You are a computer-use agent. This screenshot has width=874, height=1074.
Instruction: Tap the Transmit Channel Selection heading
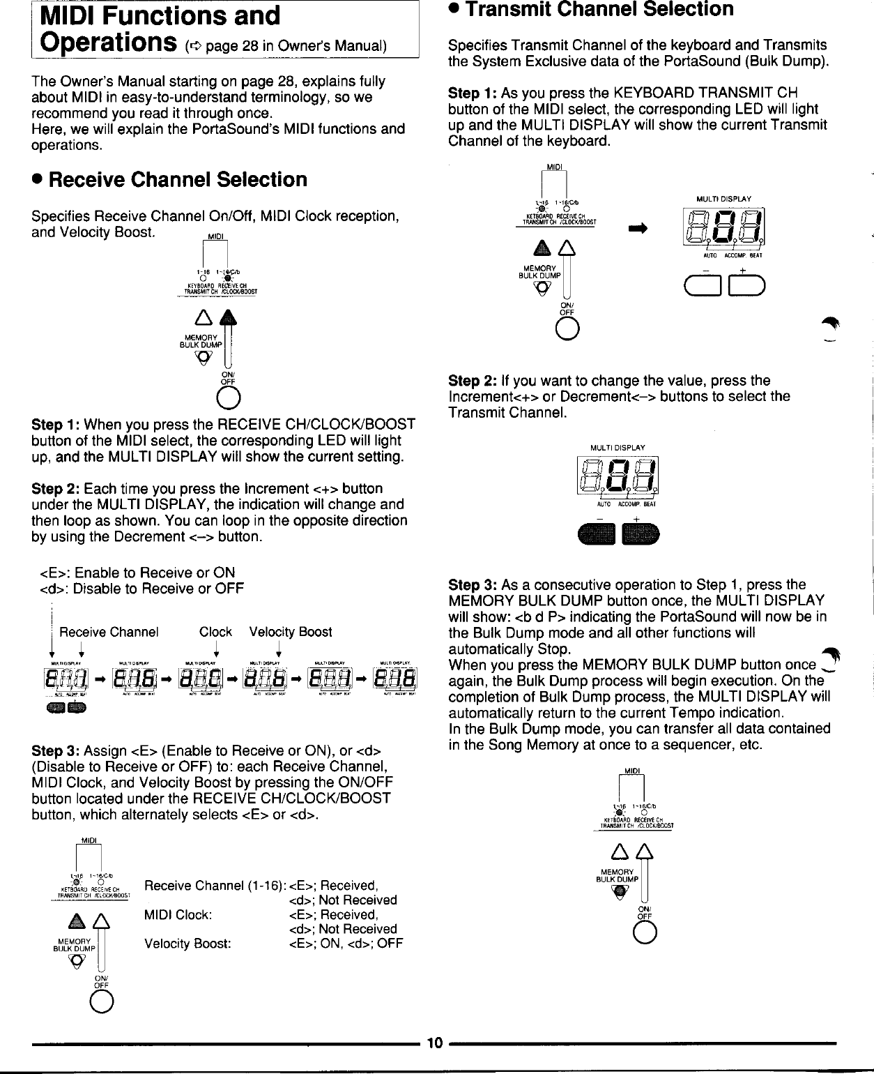click(x=599, y=10)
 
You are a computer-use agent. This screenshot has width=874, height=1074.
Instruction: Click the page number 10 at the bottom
click(x=435, y=1043)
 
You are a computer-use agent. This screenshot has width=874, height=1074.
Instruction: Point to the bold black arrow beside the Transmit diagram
click(x=638, y=227)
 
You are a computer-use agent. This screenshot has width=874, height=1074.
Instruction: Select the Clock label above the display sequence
click(x=215, y=632)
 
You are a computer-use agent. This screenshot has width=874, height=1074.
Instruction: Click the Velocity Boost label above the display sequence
click(x=291, y=632)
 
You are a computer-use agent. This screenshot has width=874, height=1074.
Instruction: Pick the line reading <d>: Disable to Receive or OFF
click(x=142, y=589)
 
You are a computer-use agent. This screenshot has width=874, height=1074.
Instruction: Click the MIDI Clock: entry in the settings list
click(x=178, y=914)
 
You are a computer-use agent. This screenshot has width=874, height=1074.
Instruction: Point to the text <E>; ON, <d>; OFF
click(x=346, y=944)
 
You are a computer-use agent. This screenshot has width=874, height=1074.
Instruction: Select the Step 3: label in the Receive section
click(x=56, y=750)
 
